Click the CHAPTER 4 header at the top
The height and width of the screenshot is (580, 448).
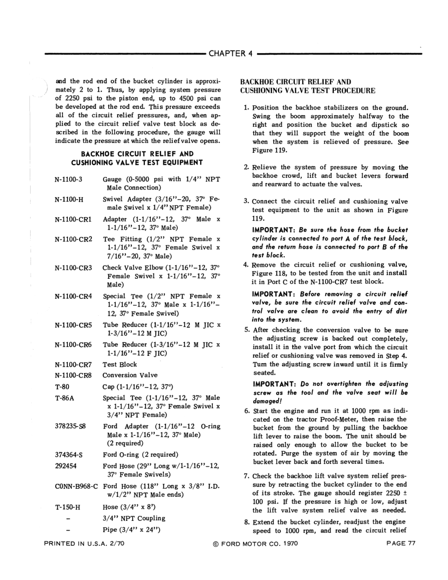coord(229,53)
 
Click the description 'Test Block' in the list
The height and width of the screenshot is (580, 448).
coord(120,364)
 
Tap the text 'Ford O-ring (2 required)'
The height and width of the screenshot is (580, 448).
coord(140,455)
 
